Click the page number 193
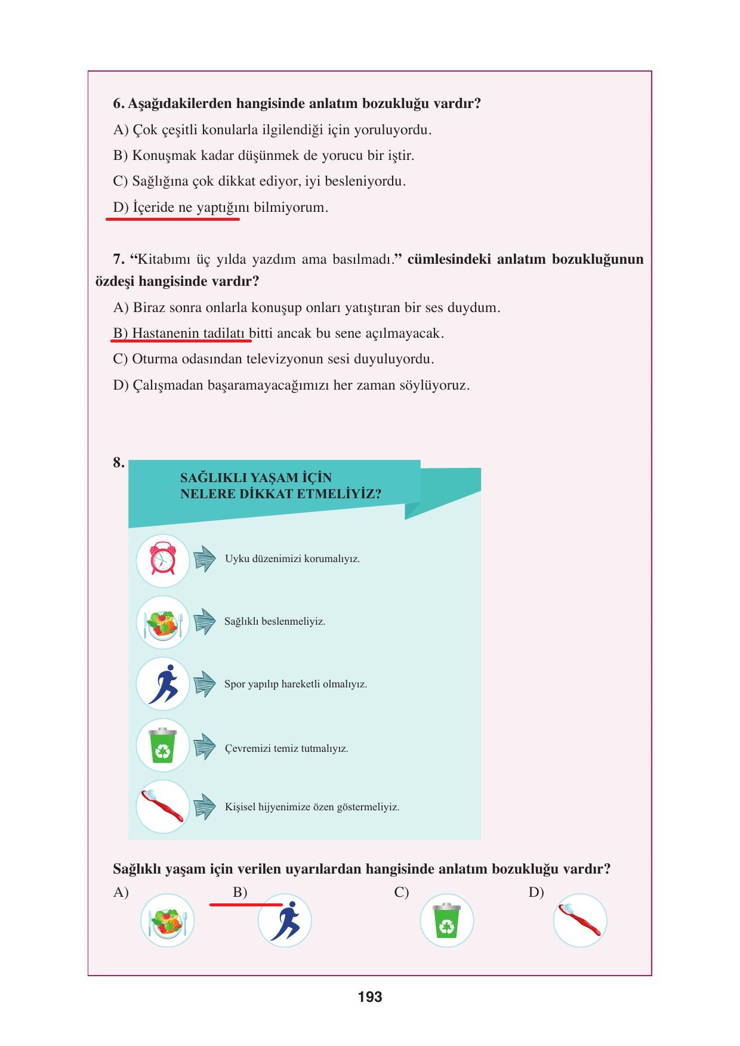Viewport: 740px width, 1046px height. tap(370, 996)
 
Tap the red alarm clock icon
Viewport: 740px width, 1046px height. tap(162, 560)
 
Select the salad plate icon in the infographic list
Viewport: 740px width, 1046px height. tap(162, 622)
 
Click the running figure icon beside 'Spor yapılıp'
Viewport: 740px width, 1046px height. tap(162, 684)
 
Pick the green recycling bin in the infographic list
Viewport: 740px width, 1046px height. tap(162, 746)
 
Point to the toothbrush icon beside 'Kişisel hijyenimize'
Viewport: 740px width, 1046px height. tap(162, 807)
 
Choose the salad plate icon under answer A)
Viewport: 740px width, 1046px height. tap(167, 920)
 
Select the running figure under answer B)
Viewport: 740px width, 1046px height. tap(285, 920)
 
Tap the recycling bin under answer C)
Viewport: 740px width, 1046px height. tap(446, 920)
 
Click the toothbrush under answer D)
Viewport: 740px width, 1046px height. tap(579, 920)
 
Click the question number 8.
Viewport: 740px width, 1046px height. tap(118, 462)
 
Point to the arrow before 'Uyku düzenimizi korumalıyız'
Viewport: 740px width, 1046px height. tap(205, 559)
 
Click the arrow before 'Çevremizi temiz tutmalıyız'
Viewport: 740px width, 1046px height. tap(205, 746)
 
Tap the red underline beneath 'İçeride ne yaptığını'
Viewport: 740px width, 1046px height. tap(172, 220)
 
